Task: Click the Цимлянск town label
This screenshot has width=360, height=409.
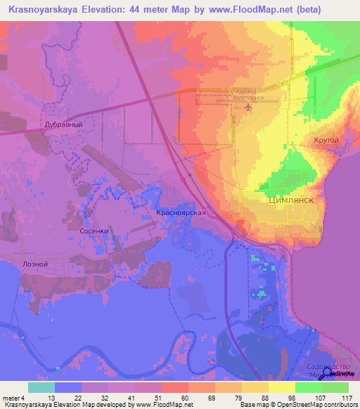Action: (290, 200)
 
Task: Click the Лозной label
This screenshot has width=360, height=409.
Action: (36, 264)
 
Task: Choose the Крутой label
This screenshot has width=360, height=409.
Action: (326, 141)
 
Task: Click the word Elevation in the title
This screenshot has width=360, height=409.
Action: (115, 10)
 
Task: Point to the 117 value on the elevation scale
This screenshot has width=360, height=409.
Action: (346, 398)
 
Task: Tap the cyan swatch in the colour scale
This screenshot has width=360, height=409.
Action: (41, 387)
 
